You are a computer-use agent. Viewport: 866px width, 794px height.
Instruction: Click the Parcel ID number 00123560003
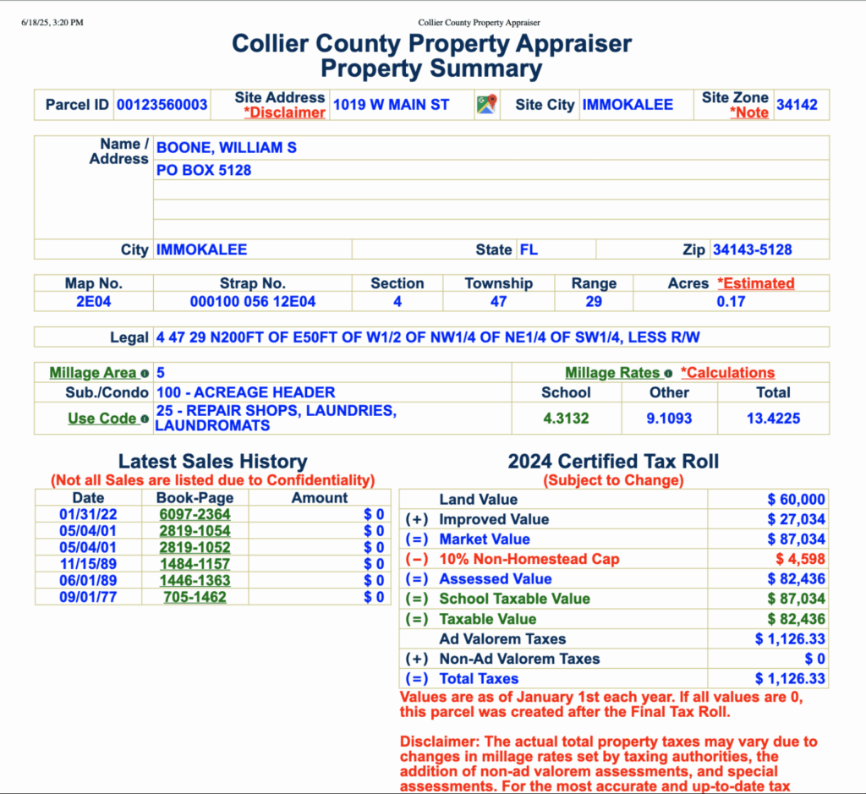pyautogui.click(x=162, y=105)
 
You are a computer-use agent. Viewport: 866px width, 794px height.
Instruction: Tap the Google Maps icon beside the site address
pyautogui.click(x=486, y=105)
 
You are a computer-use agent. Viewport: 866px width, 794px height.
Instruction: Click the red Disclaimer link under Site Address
pyautogui.click(x=284, y=112)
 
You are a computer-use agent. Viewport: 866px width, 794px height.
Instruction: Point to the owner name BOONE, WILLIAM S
pyautogui.click(x=227, y=147)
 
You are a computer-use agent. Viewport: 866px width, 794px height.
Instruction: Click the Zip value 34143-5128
pyautogui.click(x=753, y=249)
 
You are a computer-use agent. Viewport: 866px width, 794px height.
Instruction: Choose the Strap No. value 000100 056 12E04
pyautogui.click(x=253, y=301)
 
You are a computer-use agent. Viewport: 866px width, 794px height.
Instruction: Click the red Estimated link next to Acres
pyautogui.click(x=755, y=283)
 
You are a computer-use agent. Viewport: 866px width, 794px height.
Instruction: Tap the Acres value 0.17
pyautogui.click(x=731, y=301)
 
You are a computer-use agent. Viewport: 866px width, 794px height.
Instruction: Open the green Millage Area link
pyautogui.click(x=93, y=373)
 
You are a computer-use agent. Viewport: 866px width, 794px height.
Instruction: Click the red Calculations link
pyautogui.click(x=727, y=373)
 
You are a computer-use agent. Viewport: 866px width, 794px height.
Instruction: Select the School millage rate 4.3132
pyautogui.click(x=566, y=418)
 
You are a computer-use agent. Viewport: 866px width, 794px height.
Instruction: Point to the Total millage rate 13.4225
pyautogui.click(x=773, y=418)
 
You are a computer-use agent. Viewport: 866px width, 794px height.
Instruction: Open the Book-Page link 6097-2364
pyautogui.click(x=195, y=514)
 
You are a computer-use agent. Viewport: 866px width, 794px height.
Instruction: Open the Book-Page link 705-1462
pyautogui.click(x=195, y=597)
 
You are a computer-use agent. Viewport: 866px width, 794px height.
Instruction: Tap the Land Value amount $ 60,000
pyautogui.click(x=796, y=500)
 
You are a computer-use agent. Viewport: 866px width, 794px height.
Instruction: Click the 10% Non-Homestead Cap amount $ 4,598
pyautogui.click(x=800, y=559)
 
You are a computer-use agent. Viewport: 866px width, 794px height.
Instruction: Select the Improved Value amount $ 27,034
pyautogui.click(x=796, y=519)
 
